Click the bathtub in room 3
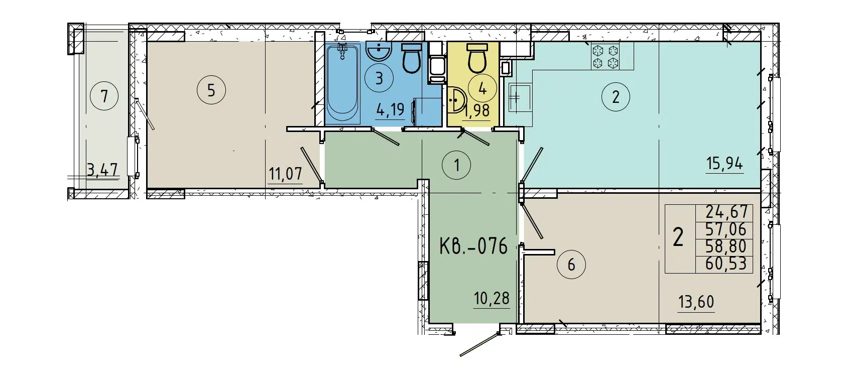[x=343, y=84]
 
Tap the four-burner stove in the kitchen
[x=605, y=57]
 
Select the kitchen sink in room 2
[x=516, y=96]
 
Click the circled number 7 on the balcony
[x=104, y=95]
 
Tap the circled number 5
[x=211, y=90]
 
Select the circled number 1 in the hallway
[x=456, y=165]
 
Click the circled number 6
[x=571, y=264]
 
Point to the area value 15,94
[x=724, y=164]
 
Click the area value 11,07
[x=285, y=174]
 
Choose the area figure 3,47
[x=102, y=170]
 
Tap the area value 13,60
[x=695, y=302]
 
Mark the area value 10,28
[x=492, y=299]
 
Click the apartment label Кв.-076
[x=473, y=246]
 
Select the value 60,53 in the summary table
[x=725, y=264]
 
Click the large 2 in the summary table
[x=678, y=237]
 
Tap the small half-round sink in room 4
[x=456, y=100]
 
